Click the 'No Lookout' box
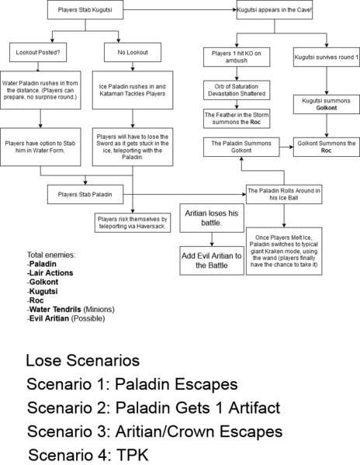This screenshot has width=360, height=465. [133, 54]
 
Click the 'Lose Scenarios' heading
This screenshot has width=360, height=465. [82, 361]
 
